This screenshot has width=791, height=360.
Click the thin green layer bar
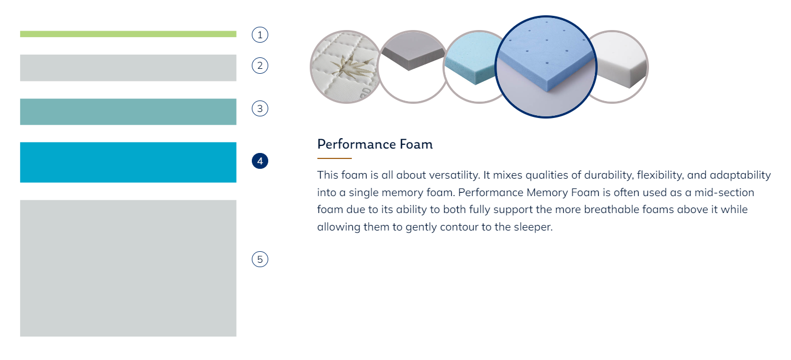coord(128,34)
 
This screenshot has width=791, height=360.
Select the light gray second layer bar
coord(128,68)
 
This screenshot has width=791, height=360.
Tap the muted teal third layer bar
coord(128,111)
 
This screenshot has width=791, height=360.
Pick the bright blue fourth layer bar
coord(128,162)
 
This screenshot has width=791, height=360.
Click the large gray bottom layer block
coord(128,268)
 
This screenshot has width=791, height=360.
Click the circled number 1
coord(260,35)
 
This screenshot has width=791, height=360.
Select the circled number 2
coord(260,66)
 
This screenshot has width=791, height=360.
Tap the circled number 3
coord(260,109)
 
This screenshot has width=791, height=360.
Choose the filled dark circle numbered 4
coord(260,161)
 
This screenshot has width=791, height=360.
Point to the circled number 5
coord(260,259)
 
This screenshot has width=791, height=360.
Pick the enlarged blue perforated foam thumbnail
coord(546,67)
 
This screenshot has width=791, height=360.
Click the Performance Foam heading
coord(375,145)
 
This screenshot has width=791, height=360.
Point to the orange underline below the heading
coord(334,158)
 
